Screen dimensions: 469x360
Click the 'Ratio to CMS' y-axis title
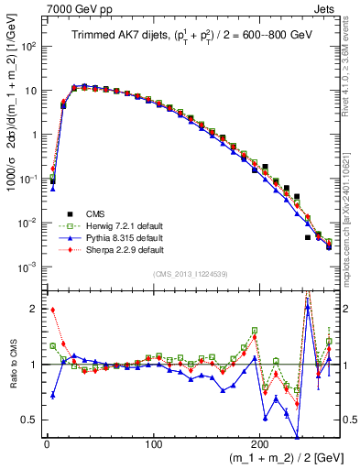click(x=13, y=365)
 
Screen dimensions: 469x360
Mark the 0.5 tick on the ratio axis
click(x=29, y=420)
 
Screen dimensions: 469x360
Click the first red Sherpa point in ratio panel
click(x=52, y=310)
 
